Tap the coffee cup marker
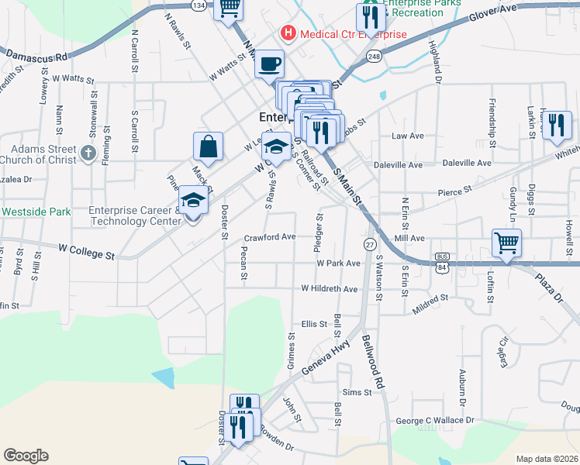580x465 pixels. [x=270, y=64]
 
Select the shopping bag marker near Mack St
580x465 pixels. [x=208, y=146]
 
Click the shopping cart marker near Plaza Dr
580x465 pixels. [x=506, y=243]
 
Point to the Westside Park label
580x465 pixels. [x=36, y=211]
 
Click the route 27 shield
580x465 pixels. [x=369, y=244]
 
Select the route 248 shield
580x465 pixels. [x=375, y=57]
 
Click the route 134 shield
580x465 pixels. [x=199, y=5]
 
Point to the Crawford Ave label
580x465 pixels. [x=270, y=236]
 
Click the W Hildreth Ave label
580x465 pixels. [x=329, y=289]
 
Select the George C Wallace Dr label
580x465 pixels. [x=435, y=421]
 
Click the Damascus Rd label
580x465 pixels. [x=36, y=56]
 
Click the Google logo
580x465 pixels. [x=26, y=456]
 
